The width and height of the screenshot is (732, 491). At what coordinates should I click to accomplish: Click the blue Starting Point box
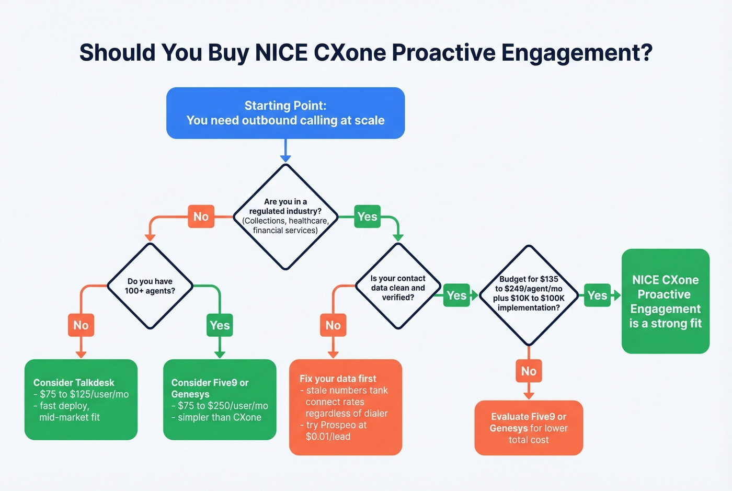285,113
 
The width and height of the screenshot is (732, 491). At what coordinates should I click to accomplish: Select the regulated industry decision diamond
285,216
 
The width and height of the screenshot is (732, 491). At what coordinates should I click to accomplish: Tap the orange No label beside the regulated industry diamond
201,216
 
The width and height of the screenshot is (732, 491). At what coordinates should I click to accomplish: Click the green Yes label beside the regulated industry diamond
367,216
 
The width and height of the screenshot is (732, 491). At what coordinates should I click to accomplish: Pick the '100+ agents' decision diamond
150,286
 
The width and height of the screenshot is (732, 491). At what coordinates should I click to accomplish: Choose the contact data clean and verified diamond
398,288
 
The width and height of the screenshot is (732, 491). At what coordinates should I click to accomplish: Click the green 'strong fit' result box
665,301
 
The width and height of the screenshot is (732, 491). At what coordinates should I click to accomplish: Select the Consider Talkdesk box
81,399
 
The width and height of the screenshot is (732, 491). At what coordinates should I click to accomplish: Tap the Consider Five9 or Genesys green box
220,399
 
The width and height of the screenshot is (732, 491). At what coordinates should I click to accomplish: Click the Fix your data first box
346,407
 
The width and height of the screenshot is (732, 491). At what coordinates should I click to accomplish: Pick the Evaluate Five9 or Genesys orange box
529,428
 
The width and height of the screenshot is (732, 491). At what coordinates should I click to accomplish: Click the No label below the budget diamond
529,371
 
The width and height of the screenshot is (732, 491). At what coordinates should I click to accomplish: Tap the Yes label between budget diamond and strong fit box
597,295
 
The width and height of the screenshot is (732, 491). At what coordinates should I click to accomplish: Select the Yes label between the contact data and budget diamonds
456,295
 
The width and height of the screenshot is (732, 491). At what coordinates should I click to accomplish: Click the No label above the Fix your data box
333,325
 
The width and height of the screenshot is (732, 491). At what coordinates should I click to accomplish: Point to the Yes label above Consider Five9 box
220,325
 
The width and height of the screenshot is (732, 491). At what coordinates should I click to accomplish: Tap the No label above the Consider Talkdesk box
81,325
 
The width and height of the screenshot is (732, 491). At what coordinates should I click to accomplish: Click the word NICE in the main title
281,53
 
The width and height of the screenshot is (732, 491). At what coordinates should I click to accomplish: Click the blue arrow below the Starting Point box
285,152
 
